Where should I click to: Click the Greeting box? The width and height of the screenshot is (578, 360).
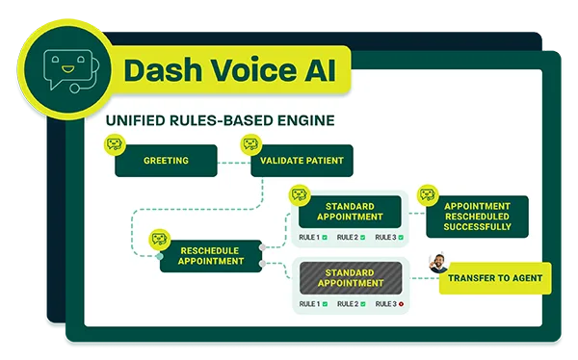click(x=166, y=161)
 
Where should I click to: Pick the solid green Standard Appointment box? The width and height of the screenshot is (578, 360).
click(x=350, y=212)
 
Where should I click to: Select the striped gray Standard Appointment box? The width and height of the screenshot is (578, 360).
click(x=350, y=277)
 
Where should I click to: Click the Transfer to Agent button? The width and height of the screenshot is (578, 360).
click(x=495, y=278)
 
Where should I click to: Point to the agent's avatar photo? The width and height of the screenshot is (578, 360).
click(x=438, y=264)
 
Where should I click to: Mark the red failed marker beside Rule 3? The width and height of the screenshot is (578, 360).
click(x=401, y=304)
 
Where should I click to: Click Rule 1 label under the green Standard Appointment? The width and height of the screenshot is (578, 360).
click(x=309, y=237)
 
